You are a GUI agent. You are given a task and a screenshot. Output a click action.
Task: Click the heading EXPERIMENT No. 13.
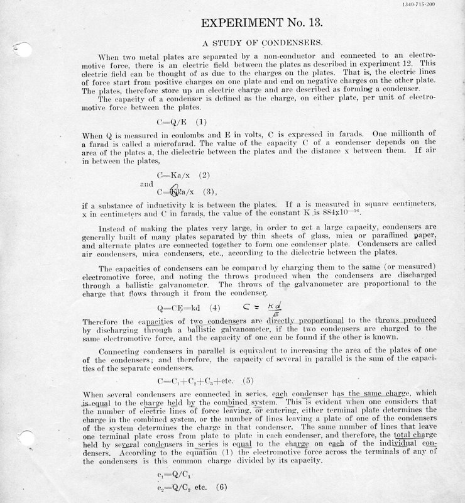261,24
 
